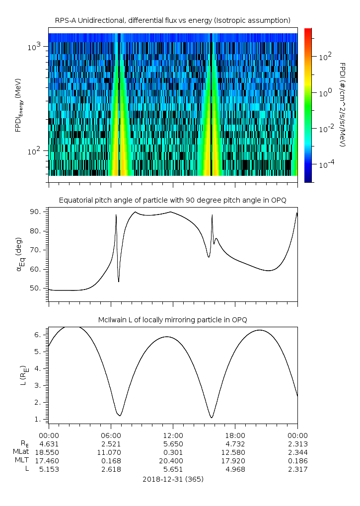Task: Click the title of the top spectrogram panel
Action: coord(172,20)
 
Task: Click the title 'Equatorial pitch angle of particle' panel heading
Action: coord(172,200)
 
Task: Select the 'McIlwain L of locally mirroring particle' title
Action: coord(172,319)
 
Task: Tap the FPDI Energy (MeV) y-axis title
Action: coord(18,104)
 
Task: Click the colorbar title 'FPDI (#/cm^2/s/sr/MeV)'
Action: coord(343,104)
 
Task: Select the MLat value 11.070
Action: coord(111,452)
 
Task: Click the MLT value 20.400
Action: coord(173,460)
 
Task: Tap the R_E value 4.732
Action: coord(235,443)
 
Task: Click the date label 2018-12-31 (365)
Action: coord(173,479)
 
